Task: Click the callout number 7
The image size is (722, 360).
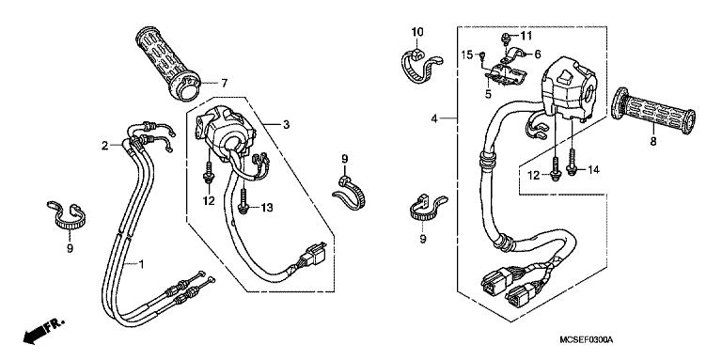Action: click(x=225, y=83)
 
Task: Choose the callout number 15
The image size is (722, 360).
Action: click(x=467, y=55)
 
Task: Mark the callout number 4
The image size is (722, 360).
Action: click(x=434, y=119)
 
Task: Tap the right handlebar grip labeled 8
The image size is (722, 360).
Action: click(x=654, y=112)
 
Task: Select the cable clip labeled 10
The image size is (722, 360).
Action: click(x=416, y=64)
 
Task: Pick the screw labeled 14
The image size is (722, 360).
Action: click(x=573, y=164)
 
